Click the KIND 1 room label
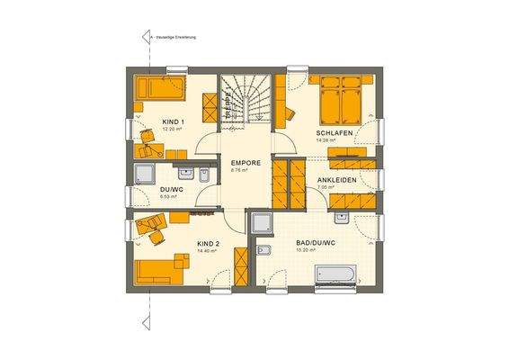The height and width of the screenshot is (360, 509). tap(173, 121)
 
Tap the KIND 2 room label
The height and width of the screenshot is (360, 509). tap(209, 244)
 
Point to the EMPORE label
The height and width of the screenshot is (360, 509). tap(245, 163)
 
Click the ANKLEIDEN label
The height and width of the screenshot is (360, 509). tap(335, 181)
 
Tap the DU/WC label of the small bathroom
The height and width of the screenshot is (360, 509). tap(171, 189)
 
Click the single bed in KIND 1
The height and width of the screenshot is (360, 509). tap(161, 88)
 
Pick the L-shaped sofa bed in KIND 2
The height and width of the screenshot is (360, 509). tap(163, 270)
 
